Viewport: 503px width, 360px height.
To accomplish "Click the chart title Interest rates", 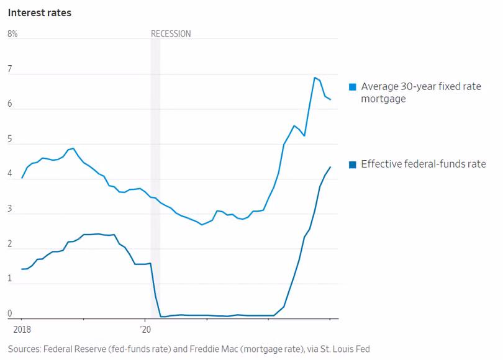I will click(40, 13).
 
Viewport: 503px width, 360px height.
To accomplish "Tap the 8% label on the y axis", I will click(12, 34).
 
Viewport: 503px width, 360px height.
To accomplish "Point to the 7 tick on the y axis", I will click(10, 70).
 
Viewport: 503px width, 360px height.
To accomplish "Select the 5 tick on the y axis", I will click(10, 140).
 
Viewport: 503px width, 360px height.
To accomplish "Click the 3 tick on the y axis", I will click(10, 209).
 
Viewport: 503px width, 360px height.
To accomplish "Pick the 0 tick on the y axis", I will click(10, 313).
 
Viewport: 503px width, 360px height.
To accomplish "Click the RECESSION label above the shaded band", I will click(171, 34).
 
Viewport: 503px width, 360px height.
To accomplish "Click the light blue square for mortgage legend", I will click(353, 87).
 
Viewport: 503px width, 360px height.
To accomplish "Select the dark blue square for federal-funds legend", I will click(353, 164).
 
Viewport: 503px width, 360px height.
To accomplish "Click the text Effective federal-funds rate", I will click(424, 164).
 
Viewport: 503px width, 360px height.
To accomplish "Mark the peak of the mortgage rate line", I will click(315, 78).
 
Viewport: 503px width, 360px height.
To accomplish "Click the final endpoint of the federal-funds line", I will click(330, 166).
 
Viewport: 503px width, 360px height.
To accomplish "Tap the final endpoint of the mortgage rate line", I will click(330, 99).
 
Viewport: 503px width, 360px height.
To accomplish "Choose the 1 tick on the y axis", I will click(10, 279).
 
